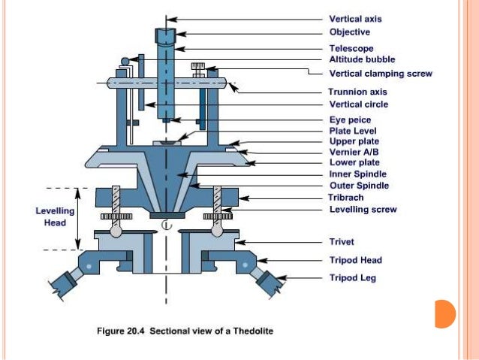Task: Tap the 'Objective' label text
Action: (350, 32)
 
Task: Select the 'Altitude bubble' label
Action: (362, 59)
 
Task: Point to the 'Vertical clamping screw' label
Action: (381, 74)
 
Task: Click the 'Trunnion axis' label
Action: (358, 92)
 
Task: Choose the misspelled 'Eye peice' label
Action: (351, 119)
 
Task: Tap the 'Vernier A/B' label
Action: (355, 152)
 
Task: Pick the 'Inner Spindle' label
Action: (359, 174)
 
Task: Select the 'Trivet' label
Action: (343, 242)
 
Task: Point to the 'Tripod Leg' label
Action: (353, 278)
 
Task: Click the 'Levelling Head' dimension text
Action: (55, 216)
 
